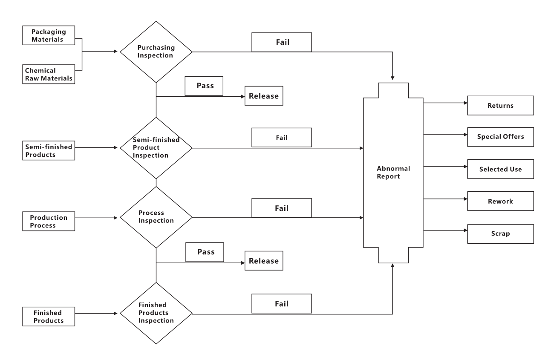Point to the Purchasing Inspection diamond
coord(156,52)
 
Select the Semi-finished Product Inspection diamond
coord(156,148)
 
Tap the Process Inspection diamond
coord(156,217)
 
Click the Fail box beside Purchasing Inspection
coord(282,43)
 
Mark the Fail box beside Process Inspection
coord(282,208)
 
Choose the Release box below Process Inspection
coord(263,261)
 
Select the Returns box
coord(500,105)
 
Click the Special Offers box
coord(500,137)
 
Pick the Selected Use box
coord(500,169)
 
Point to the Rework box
coord(500,201)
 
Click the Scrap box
coord(500,233)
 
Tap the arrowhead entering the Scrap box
coord(465,230)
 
